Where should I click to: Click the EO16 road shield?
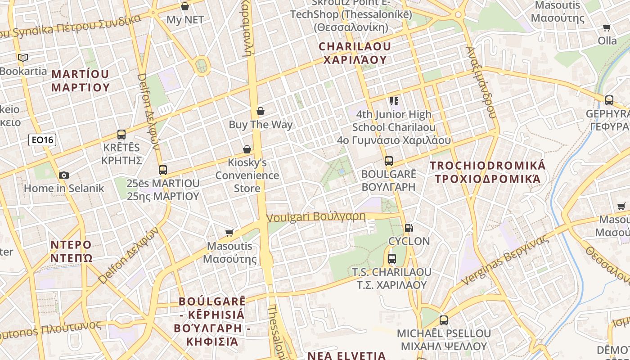[x=43, y=140]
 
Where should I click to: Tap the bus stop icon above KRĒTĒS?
[x=121, y=134]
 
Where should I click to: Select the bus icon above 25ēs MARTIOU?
[x=163, y=170]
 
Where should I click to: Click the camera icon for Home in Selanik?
[x=64, y=175]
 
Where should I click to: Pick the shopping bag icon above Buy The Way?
[x=261, y=111]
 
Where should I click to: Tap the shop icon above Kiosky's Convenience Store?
[x=247, y=149]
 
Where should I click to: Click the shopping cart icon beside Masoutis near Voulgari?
[x=229, y=233]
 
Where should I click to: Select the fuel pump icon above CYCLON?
[x=409, y=228]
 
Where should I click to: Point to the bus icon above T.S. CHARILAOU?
[x=391, y=259]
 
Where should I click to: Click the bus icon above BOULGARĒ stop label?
[x=389, y=161]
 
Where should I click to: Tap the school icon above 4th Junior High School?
[x=394, y=101]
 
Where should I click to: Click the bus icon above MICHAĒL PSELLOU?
[x=444, y=320]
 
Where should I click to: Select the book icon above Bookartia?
[x=23, y=58]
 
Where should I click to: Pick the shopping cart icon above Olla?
[x=607, y=28]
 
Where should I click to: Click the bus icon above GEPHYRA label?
[x=609, y=100]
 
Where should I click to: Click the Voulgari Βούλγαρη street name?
[x=316, y=217]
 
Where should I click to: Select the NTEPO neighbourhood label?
[x=71, y=251]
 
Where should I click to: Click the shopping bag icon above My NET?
[x=185, y=6]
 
